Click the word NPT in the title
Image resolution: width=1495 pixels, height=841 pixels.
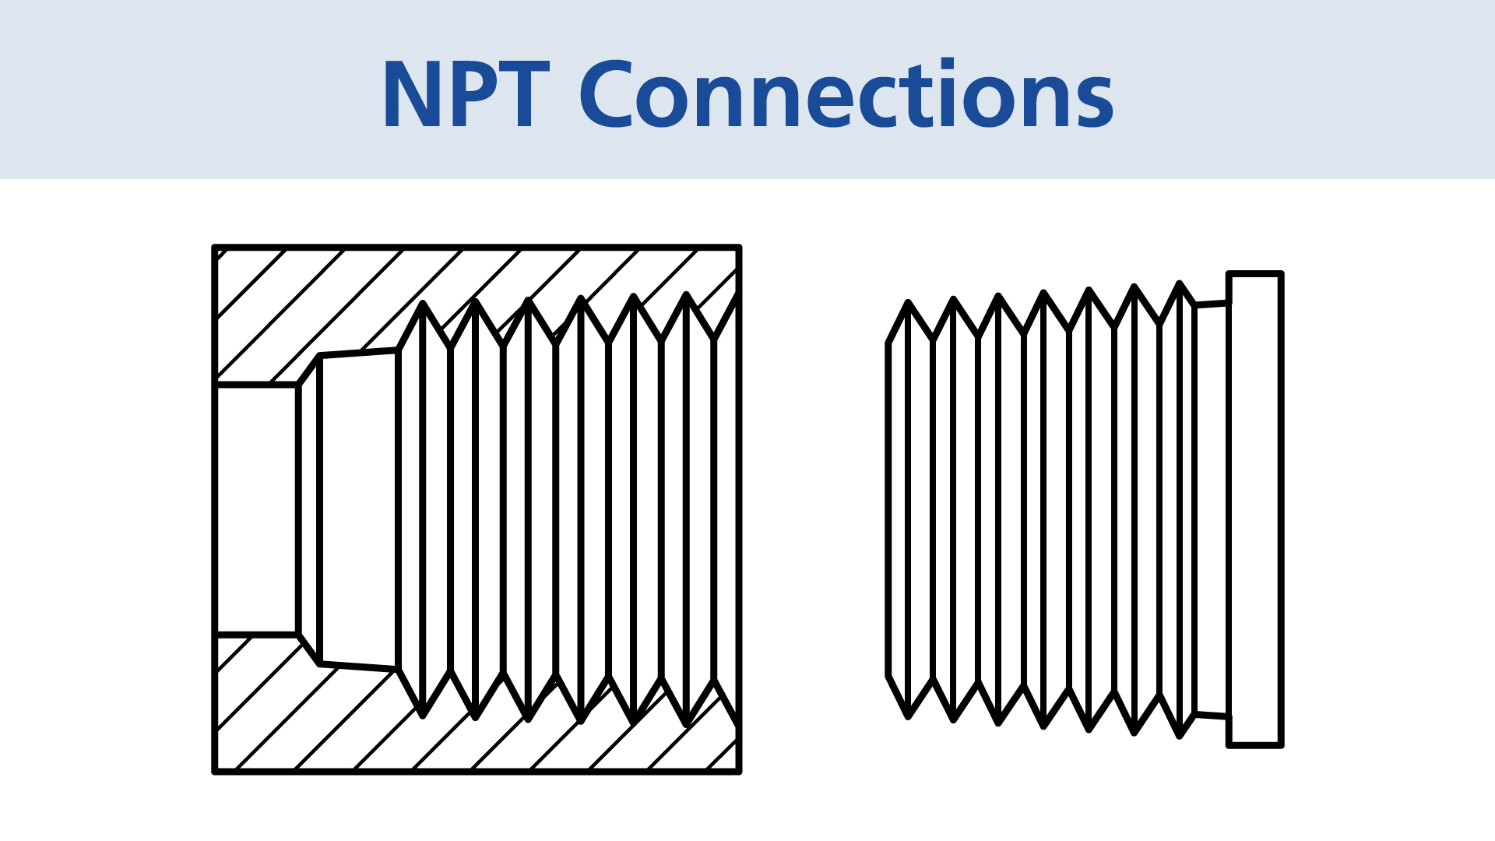[465, 95]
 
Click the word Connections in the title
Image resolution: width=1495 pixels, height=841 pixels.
[846, 95]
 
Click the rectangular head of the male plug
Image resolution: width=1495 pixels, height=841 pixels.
[1254, 510]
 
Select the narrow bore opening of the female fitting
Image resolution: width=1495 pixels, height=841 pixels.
[256, 510]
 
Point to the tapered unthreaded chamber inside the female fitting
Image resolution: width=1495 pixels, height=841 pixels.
[359, 510]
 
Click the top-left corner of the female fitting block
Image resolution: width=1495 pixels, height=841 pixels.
[215, 248]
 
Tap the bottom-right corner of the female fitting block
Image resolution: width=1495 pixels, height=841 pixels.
[738, 772]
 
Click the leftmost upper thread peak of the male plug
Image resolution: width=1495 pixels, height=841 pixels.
[908, 302]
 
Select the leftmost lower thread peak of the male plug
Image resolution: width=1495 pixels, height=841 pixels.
[908, 716]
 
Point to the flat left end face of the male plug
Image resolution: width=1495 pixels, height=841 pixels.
[888, 510]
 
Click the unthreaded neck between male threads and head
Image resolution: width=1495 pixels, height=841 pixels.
[1212, 510]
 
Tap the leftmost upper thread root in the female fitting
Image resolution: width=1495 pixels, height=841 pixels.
[422, 304]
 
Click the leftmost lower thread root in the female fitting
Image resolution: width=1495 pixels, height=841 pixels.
[422, 715]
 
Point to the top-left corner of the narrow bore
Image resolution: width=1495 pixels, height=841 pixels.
[216, 385]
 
